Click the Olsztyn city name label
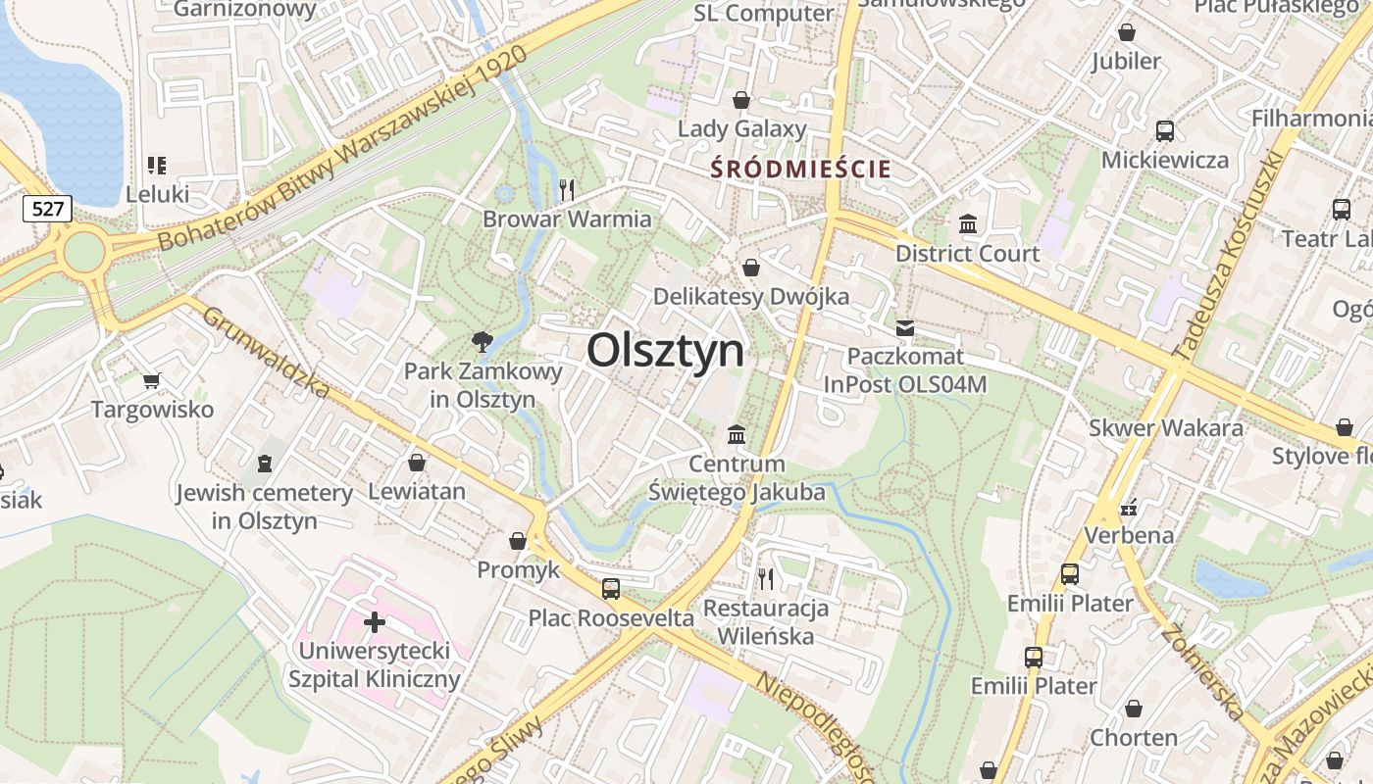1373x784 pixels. pyautogui.click(x=666, y=350)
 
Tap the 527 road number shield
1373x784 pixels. pyautogui.click(x=47, y=208)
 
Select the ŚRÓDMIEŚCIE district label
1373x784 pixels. pyautogui.click(x=801, y=169)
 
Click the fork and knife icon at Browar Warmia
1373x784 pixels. pyautogui.click(x=567, y=189)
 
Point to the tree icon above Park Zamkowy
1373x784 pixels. pyautogui.click(x=482, y=342)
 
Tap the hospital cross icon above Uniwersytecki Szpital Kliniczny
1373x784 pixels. pyautogui.click(x=374, y=621)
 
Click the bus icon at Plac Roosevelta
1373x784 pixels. pyautogui.click(x=611, y=588)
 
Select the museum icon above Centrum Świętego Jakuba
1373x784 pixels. pyautogui.click(x=736, y=434)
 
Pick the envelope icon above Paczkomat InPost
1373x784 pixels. pyautogui.click(x=904, y=327)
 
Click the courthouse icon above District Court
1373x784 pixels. pyautogui.click(x=968, y=223)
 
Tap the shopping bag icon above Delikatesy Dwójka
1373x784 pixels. pyautogui.click(x=751, y=267)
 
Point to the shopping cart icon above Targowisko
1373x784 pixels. pyautogui.click(x=151, y=380)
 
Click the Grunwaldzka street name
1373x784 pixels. pyautogui.click(x=267, y=355)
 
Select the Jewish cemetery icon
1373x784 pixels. pyautogui.click(x=264, y=463)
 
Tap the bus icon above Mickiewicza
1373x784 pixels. pyautogui.click(x=1165, y=130)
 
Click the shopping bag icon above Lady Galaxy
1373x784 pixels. pyautogui.click(x=741, y=100)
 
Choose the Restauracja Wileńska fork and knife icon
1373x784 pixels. pyautogui.click(x=766, y=578)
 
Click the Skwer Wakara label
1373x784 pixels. pyautogui.click(x=1166, y=428)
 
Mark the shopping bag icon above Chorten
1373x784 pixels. pyautogui.click(x=1134, y=708)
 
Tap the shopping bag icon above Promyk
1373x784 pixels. pyautogui.click(x=518, y=541)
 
